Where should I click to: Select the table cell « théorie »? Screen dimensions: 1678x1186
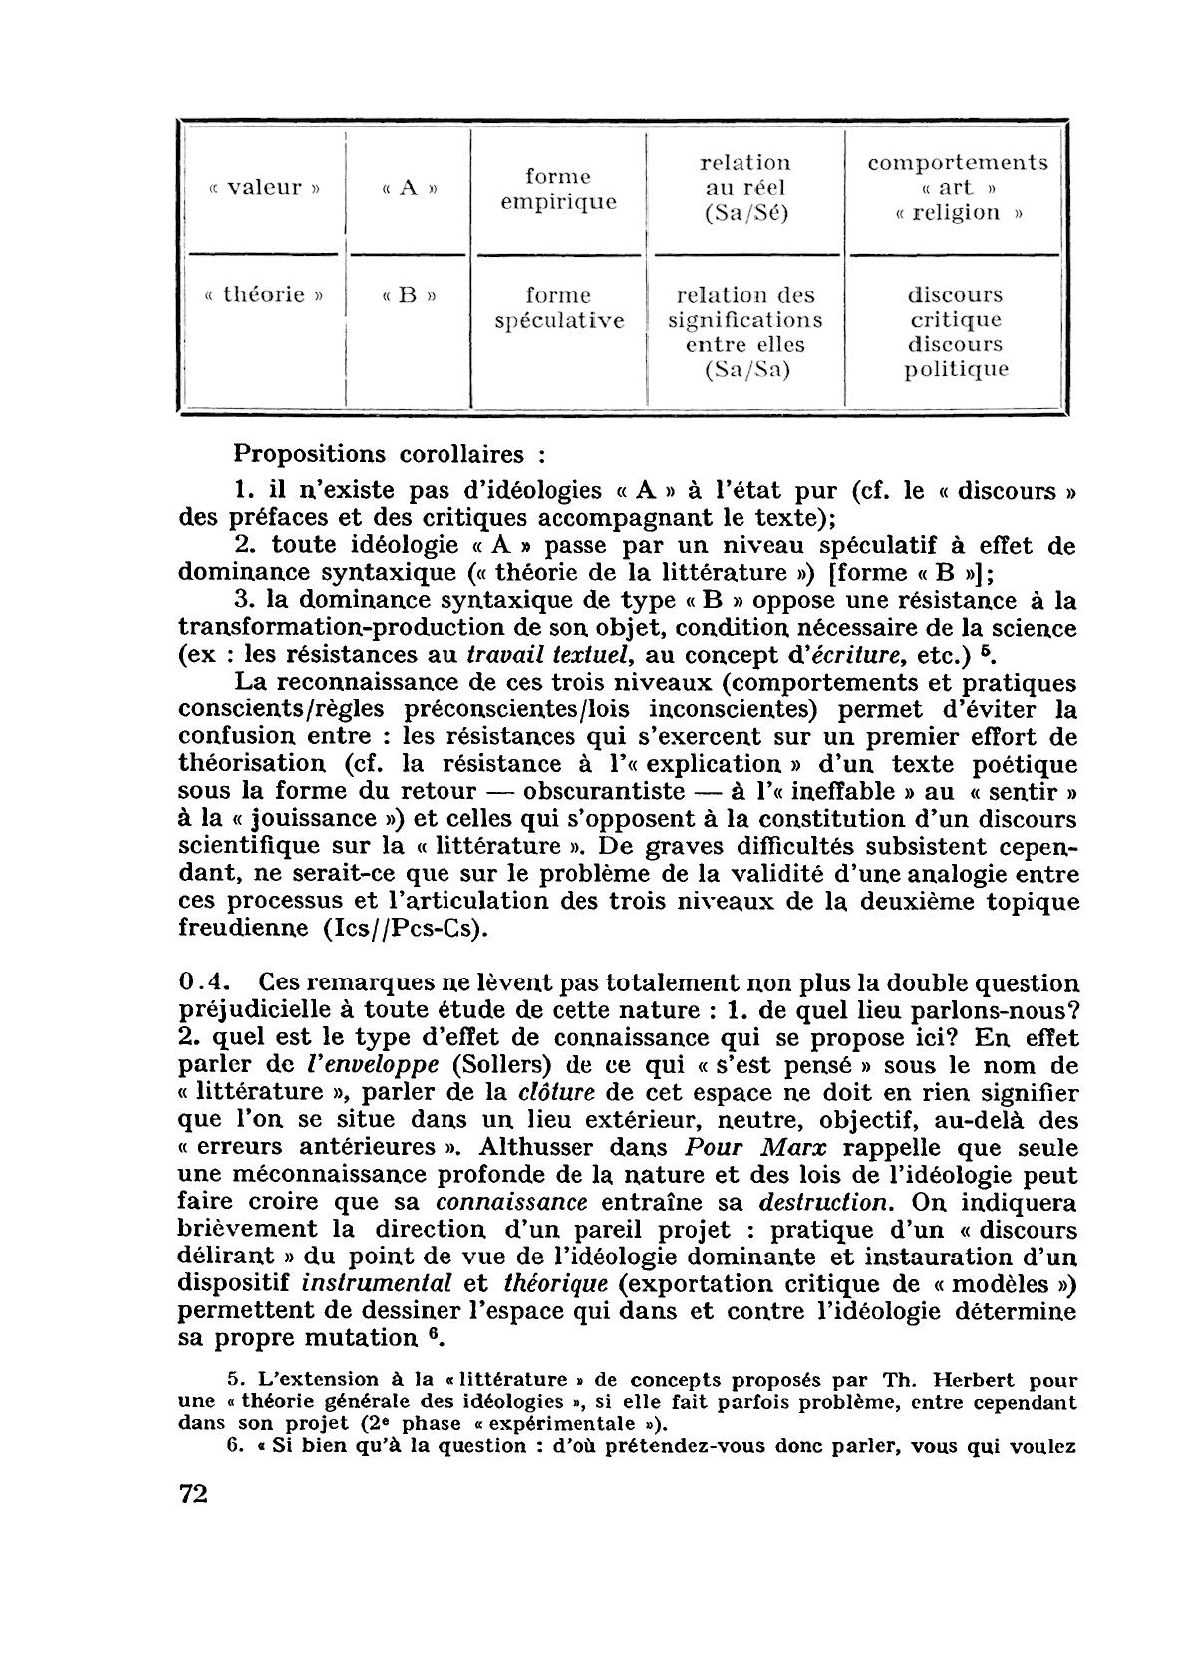[x=259, y=295]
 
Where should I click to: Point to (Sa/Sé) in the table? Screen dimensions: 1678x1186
[x=744, y=213]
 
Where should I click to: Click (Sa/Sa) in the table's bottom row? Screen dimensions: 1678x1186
[x=744, y=370]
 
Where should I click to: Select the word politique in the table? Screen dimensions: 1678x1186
[x=957, y=370]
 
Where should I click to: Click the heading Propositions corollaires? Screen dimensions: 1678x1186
[x=390, y=454]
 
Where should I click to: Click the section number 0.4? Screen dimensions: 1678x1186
[x=205, y=982]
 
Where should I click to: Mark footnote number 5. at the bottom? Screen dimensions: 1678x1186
[x=237, y=1380]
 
